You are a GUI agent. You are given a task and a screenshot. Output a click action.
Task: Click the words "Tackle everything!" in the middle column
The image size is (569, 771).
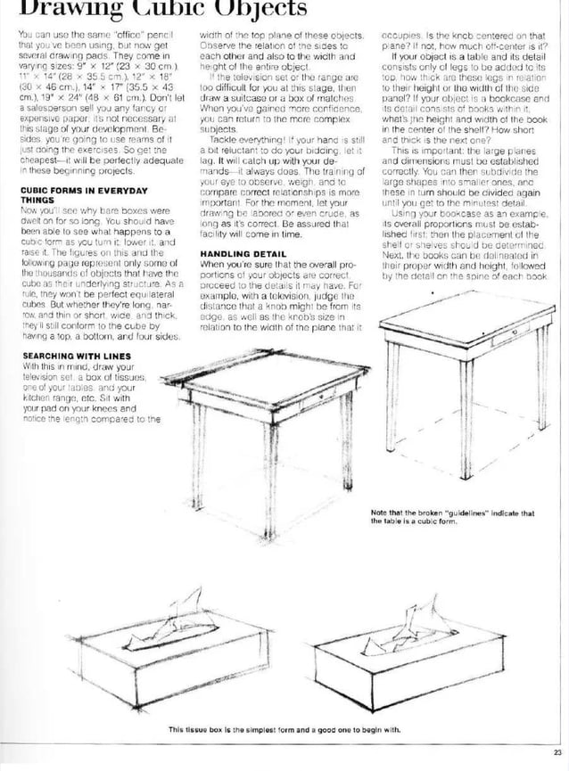pyautogui.click(x=245, y=141)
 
